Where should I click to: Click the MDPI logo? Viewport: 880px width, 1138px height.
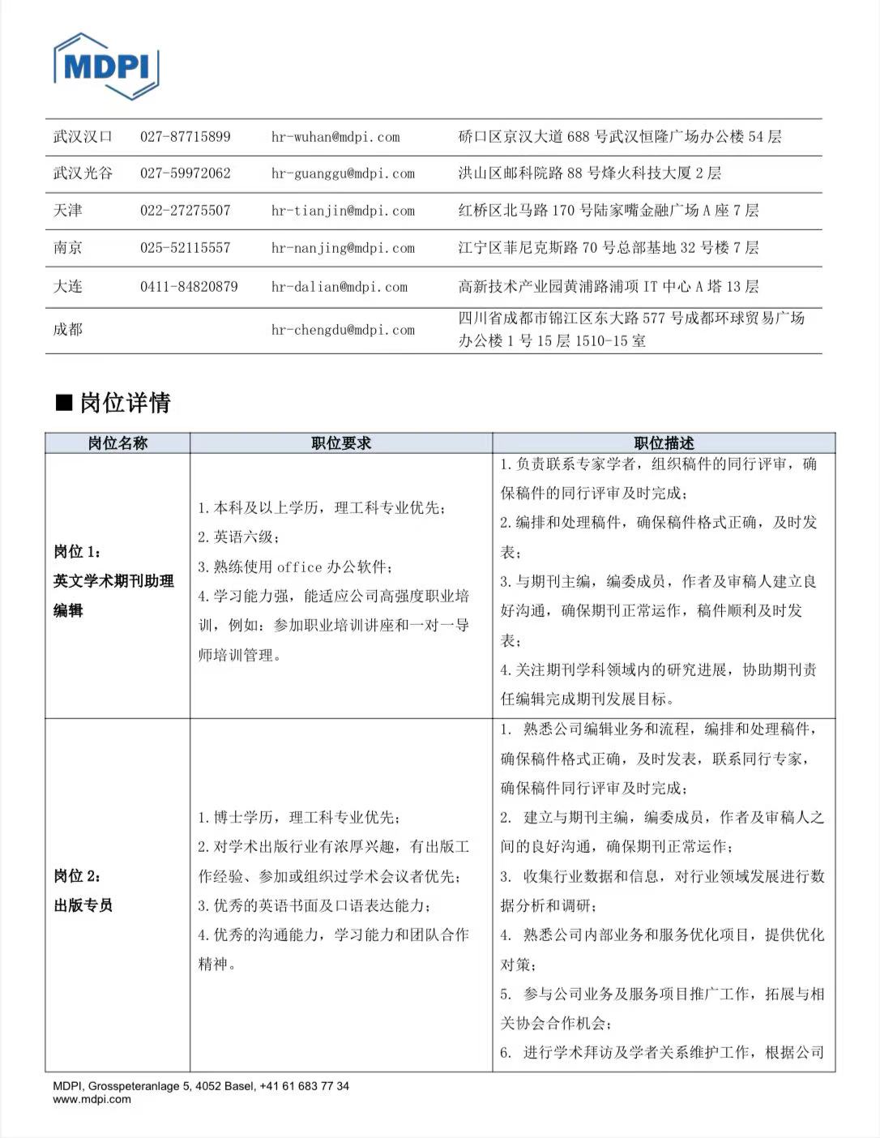(105, 66)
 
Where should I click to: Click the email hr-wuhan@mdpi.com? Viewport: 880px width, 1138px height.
(335, 137)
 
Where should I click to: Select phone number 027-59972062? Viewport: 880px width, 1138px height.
(185, 173)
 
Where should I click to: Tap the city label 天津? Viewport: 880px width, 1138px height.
(68, 211)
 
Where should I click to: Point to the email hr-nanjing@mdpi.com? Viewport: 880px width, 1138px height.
(343, 248)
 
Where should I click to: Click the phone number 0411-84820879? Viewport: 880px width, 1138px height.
(189, 286)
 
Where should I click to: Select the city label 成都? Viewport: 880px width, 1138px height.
(68, 330)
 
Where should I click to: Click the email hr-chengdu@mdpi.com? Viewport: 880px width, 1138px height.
(343, 330)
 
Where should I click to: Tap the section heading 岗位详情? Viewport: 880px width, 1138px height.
(125, 403)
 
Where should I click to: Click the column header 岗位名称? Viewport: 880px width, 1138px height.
(117, 443)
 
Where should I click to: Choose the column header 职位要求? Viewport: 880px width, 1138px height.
(341, 443)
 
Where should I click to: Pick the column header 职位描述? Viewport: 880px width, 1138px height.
(664, 443)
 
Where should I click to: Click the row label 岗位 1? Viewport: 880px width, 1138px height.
(78, 552)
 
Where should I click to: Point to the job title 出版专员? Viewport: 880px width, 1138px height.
(83, 905)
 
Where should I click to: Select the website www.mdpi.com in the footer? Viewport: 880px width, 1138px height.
(92, 1100)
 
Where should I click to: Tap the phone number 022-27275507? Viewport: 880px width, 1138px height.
(185, 211)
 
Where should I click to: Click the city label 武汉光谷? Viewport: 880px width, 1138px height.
(83, 173)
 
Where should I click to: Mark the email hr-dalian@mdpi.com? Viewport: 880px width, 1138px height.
(340, 286)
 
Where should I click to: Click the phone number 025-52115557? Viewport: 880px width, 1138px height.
(185, 248)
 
